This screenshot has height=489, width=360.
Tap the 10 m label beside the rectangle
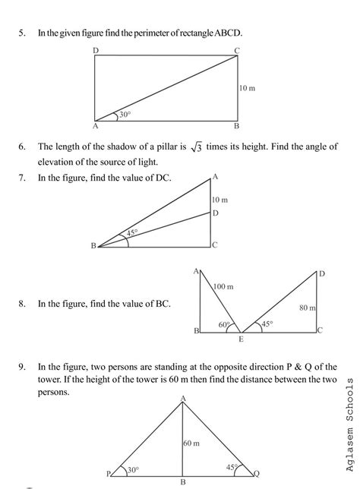247,88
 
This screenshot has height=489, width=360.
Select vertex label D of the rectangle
95,51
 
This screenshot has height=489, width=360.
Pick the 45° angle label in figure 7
131,233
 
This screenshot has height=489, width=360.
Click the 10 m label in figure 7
219,199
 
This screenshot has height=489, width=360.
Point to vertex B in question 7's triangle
93,246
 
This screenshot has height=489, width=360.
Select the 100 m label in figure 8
224,286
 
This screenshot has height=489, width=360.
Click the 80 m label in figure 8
307,308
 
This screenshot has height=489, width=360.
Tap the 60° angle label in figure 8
225,324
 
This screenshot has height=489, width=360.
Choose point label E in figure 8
242,338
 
